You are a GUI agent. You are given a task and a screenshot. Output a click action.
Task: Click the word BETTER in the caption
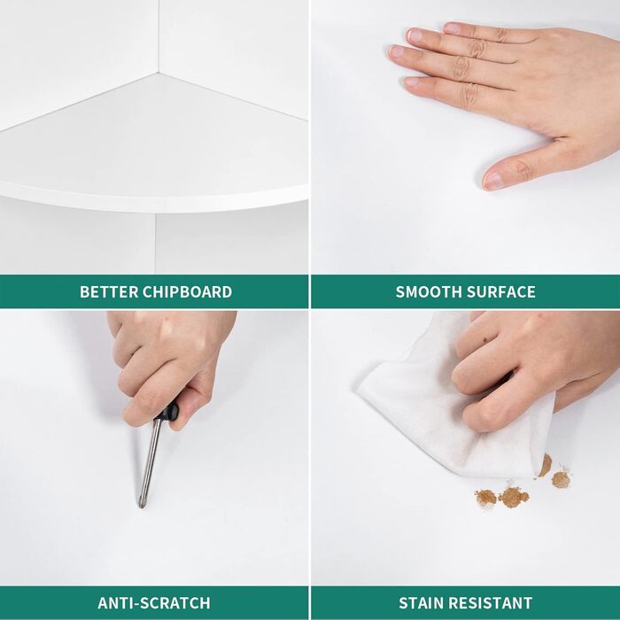109,291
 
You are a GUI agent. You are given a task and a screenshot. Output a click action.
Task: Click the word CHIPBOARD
187,291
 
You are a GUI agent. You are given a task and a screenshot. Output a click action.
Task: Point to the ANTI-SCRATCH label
154,603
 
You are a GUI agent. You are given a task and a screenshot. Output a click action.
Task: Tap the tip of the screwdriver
140,506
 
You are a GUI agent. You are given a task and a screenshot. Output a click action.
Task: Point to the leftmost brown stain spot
485,498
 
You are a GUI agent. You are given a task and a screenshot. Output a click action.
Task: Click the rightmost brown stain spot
561,479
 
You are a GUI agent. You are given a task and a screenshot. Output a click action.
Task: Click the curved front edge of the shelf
154,201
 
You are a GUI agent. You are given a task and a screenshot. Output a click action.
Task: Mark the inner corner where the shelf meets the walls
159,74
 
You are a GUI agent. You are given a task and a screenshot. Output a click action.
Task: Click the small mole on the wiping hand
484,339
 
